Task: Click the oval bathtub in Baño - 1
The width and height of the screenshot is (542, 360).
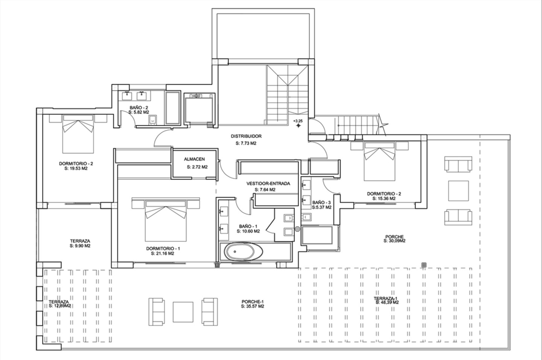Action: click(244, 252)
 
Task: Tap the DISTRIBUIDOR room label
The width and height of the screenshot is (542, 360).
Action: click(246, 136)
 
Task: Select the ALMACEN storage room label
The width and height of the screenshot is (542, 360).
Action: click(194, 159)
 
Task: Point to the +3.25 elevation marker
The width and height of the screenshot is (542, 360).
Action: click(298, 121)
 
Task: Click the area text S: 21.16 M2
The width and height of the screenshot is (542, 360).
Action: click(163, 253)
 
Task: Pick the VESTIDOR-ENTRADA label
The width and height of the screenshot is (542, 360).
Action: click(268, 183)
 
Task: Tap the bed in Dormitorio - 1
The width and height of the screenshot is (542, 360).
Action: click(166, 220)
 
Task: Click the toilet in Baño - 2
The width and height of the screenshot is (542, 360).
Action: click(153, 120)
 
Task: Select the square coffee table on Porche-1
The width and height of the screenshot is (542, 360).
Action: click(183, 312)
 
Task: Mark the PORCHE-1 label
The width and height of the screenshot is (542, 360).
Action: click(252, 302)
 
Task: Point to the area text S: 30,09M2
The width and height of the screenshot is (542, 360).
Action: click(394, 241)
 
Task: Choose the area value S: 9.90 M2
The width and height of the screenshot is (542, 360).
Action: click(80, 246)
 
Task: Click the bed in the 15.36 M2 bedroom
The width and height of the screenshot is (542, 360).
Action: click(379, 161)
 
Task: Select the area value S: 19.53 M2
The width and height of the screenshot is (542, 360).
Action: click(76, 168)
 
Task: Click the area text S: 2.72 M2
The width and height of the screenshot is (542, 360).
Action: click(197, 167)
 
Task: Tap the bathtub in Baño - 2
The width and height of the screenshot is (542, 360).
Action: click(172, 108)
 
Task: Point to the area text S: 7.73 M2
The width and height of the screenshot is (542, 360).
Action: click(246, 143)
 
